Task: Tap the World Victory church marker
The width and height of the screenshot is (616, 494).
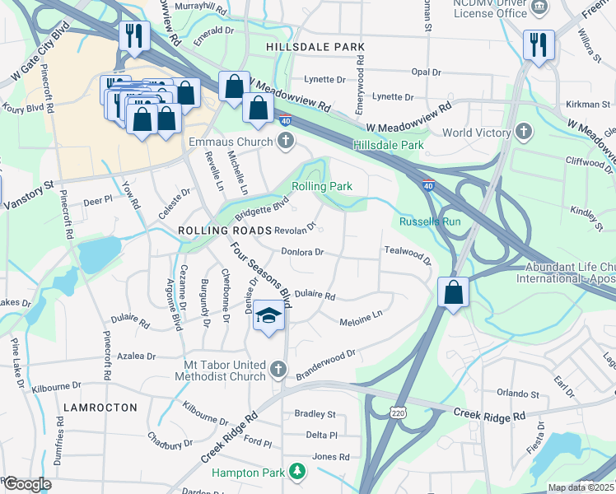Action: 523,133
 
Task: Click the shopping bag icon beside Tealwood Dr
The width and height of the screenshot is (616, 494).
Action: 454,292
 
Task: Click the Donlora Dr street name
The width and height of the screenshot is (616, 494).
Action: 301,253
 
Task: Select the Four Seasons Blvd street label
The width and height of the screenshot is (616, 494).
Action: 260,270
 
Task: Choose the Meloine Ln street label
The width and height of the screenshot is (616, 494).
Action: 362,315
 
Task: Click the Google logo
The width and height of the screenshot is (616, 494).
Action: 27,484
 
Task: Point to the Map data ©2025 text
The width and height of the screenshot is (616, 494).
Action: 580,487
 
